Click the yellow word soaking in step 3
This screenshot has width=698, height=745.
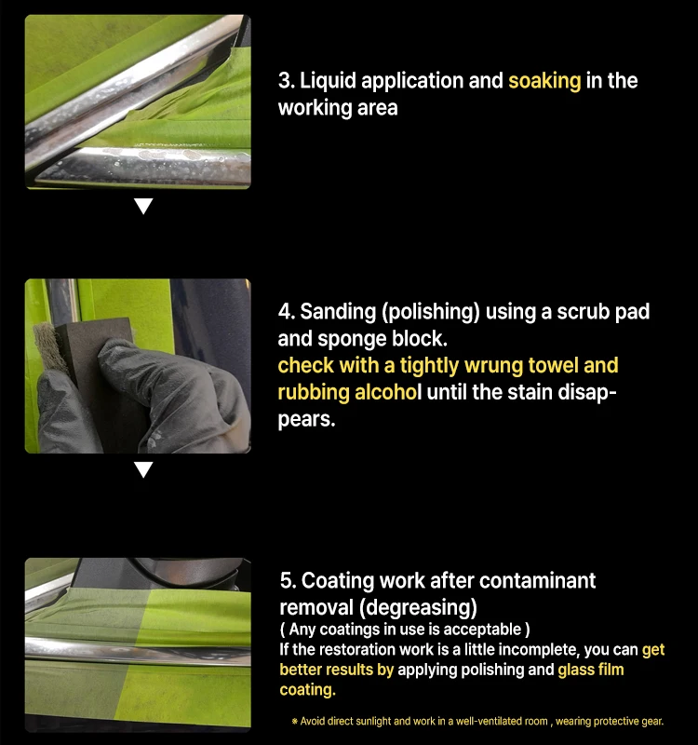pyautogui.click(x=544, y=81)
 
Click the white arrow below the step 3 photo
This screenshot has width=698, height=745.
pyautogui.click(x=143, y=206)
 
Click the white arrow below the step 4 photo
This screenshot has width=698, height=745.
pyautogui.click(x=143, y=469)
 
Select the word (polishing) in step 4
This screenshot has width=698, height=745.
pyautogui.click(x=431, y=312)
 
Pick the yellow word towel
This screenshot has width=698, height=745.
pyautogui.click(x=553, y=365)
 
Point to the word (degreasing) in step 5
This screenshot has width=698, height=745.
pyautogui.click(x=418, y=608)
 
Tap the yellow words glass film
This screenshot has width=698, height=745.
pyautogui.click(x=591, y=670)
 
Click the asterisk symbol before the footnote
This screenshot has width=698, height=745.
pyautogui.click(x=294, y=721)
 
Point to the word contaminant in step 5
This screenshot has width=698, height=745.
pyautogui.click(x=538, y=581)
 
